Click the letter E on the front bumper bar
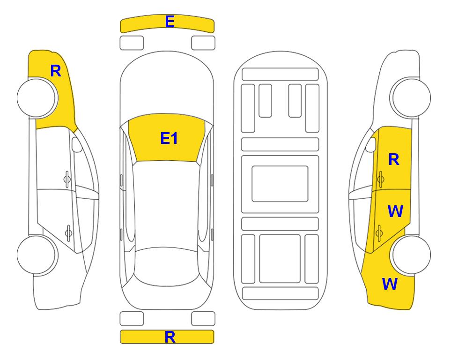(170, 22)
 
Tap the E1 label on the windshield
(169, 138)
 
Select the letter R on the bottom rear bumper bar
(170, 337)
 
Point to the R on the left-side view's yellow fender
(56, 71)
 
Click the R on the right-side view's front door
(394, 159)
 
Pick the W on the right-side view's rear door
(395, 211)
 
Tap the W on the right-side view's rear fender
(390, 284)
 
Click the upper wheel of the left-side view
(37, 98)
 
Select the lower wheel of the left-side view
(37, 255)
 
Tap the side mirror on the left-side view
(76, 144)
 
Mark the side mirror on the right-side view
(371, 144)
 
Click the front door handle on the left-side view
(67, 180)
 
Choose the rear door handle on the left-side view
(68, 232)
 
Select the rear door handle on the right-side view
(379, 232)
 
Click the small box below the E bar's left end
(132, 43)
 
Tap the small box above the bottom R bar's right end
(203, 319)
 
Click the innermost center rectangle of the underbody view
(280, 184)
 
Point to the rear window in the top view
(166, 266)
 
